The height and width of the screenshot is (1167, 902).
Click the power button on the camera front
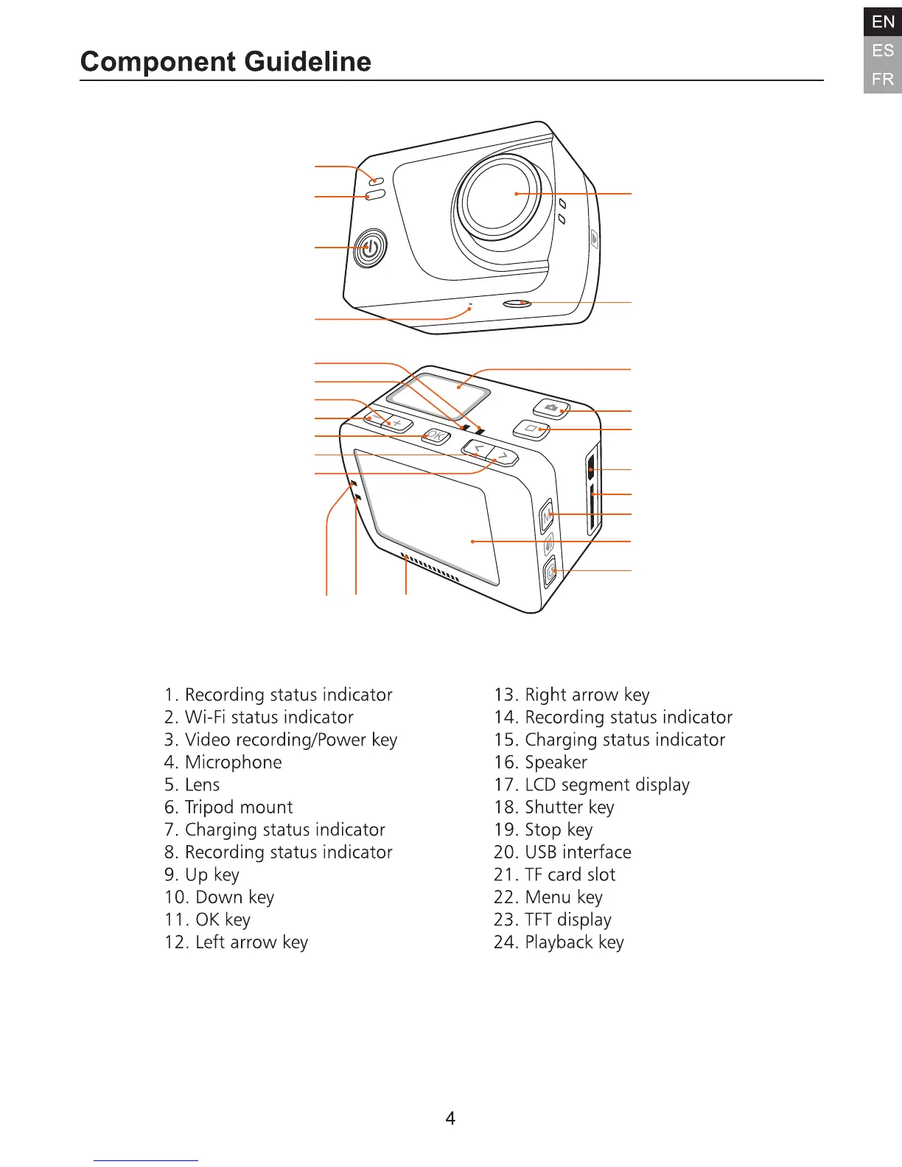tap(370, 248)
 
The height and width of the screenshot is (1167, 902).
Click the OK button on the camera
tap(436, 436)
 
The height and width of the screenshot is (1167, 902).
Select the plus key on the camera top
tap(397, 423)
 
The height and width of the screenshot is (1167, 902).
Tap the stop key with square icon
tap(531, 429)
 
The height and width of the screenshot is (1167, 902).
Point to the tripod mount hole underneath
tap(517, 303)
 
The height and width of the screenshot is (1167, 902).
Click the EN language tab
tap(882, 22)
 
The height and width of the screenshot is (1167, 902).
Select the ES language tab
tap(882, 51)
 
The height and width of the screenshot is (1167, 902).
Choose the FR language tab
tap(882, 79)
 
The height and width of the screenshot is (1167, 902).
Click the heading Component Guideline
tap(225, 62)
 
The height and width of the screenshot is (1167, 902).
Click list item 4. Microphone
tap(223, 763)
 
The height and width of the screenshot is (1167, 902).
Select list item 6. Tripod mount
tap(228, 807)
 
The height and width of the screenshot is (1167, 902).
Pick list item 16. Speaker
tap(541, 763)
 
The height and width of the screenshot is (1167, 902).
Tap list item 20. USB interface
tap(562, 852)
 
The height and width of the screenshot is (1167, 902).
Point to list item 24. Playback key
tap(559, 942)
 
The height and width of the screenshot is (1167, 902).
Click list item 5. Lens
tap(192, 785)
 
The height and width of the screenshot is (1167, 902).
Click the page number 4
tap(450, 1118)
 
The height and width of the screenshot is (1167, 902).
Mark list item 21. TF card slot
tap(554, 875)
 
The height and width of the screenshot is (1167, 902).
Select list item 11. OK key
tap(207, 920)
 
